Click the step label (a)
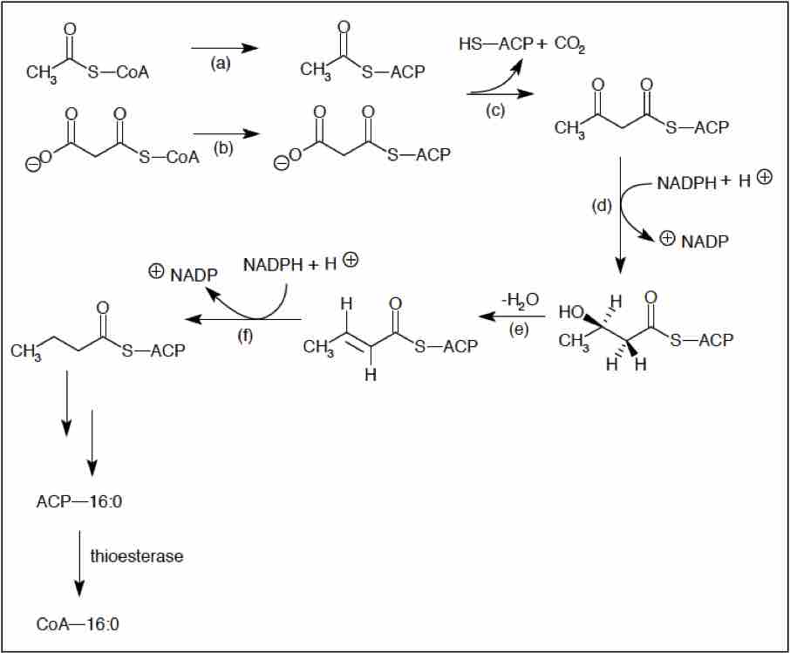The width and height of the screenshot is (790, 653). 221,65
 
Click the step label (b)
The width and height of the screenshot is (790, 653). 224,147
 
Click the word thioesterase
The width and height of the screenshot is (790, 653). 136,556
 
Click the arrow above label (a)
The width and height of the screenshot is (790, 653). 224,48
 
